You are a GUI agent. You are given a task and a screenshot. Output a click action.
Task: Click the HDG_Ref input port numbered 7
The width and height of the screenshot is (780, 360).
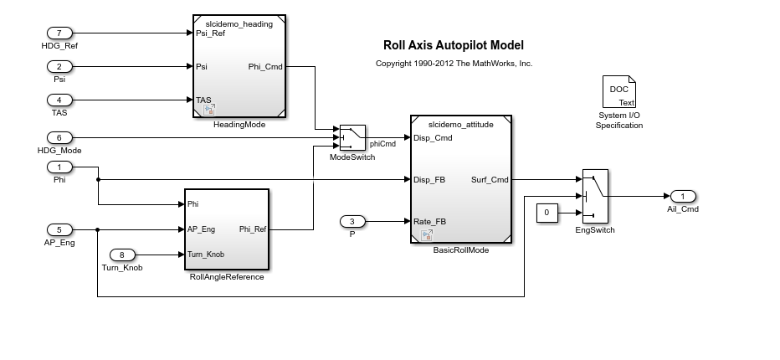[59, 33]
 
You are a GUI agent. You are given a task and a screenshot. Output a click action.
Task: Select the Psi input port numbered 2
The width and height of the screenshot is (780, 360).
[59, 66]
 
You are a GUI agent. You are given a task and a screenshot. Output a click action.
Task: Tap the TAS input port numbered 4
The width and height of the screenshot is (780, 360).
[59, 100]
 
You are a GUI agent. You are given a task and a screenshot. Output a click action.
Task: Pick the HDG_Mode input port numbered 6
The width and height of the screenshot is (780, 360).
[59, 137]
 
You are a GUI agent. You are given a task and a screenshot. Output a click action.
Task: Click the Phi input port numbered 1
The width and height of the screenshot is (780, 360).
[59, 167]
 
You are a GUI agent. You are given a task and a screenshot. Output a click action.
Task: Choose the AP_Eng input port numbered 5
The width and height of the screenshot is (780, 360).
[59, 229]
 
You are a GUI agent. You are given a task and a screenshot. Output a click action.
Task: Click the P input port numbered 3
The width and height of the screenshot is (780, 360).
[352, 221]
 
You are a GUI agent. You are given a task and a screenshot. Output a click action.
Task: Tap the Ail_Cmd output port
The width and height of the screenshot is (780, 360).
[683, 196]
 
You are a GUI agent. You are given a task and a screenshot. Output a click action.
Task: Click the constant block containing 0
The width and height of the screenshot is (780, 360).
[547, 213]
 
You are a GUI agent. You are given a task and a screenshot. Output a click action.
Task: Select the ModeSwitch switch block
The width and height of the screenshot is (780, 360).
[352, 137]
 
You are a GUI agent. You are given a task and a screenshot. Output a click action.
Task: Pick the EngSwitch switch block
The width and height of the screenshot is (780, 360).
[595, 196]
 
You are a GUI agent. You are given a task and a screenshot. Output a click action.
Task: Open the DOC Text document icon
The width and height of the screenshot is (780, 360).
[618, 92]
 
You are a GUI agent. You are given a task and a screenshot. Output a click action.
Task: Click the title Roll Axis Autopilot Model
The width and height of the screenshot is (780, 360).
[454, 45]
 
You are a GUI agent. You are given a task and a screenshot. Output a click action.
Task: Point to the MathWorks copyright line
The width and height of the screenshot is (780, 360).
[454, 64]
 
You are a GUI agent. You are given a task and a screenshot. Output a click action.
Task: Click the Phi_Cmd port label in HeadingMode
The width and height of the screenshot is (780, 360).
[264, 67]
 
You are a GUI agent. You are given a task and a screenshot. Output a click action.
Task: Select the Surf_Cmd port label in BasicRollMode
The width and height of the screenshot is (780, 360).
[490, 179]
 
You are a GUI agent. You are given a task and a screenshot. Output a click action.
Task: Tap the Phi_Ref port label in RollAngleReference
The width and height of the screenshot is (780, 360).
[251, 229]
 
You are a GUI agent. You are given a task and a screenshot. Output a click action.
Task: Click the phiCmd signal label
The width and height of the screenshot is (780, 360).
[382, 144]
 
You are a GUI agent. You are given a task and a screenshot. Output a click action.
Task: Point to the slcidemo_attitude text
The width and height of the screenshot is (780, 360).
[460, 125]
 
